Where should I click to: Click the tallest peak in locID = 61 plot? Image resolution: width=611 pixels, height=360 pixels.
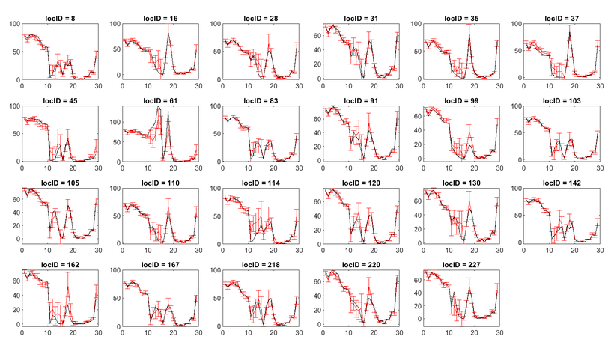[159, 109]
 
